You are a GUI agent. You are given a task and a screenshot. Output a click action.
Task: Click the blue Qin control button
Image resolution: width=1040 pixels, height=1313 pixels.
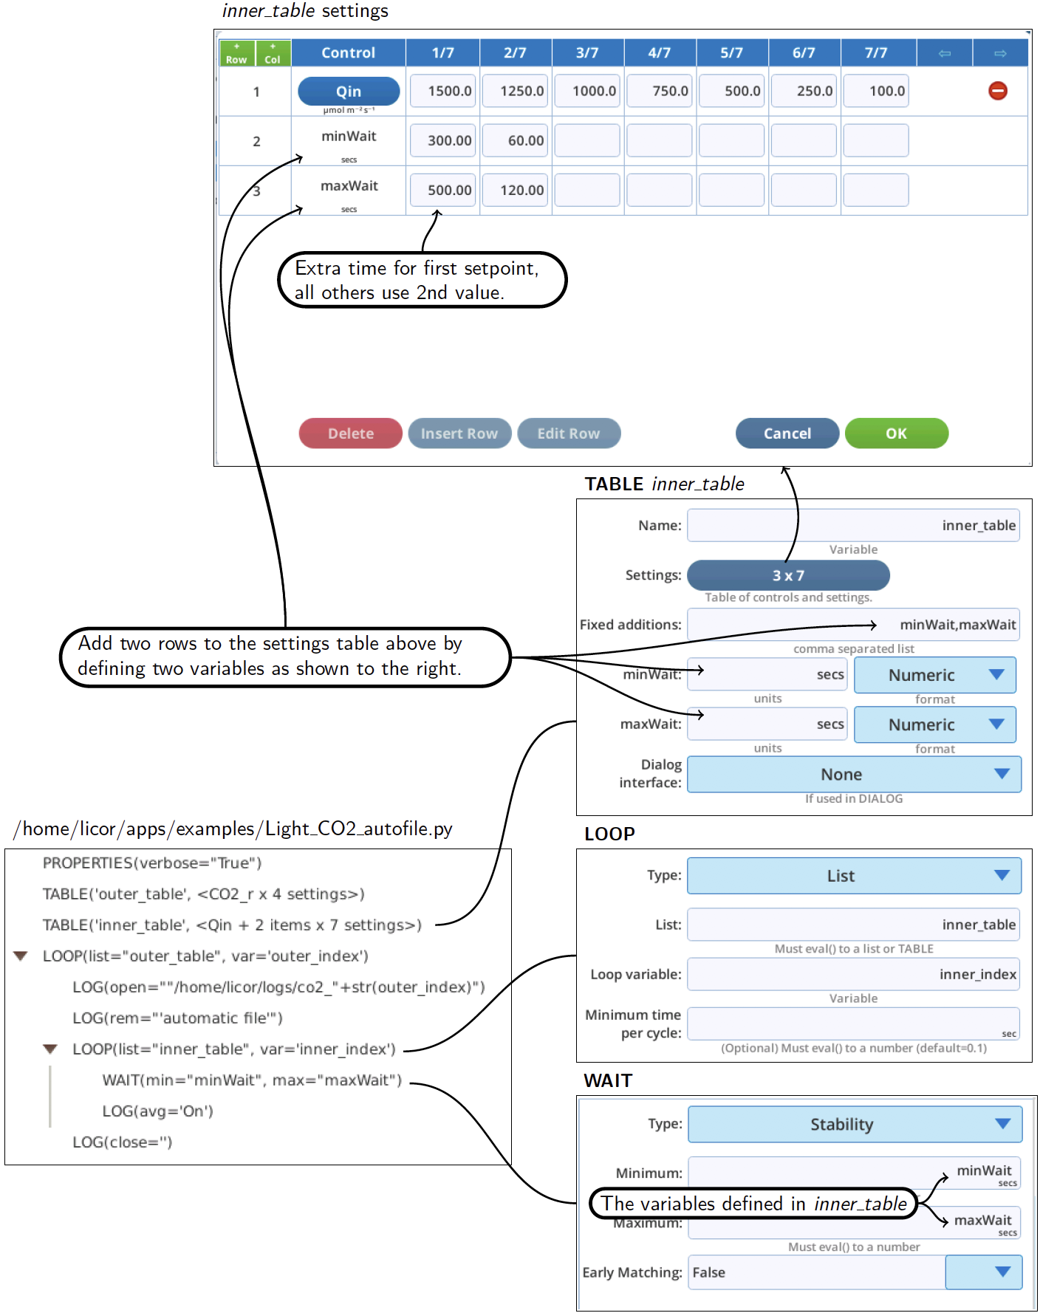tap(349, 91)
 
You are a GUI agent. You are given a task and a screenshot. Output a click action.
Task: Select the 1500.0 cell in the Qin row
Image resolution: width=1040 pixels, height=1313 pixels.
tap(442, 91)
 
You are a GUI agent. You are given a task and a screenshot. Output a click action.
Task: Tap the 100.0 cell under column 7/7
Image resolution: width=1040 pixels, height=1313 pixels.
tap(876, 91)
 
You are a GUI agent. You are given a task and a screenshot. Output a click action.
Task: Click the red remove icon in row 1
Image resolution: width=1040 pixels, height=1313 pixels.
tap(998, 91)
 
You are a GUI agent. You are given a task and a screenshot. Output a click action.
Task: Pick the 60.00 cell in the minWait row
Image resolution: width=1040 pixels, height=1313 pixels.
tap(515, 140)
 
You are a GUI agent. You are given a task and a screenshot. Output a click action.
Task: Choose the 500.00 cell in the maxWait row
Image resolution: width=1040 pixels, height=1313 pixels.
tap(442, 190)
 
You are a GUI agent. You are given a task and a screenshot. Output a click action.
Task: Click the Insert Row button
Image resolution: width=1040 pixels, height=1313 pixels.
tap(459, 433)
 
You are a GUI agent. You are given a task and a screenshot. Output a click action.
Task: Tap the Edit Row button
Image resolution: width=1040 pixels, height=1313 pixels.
tap(569, 433)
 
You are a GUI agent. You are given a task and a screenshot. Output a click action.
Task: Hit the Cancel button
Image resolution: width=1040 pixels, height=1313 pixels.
tap(787, 433)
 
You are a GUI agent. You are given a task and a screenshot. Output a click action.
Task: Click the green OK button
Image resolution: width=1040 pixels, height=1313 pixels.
tap(897, 433)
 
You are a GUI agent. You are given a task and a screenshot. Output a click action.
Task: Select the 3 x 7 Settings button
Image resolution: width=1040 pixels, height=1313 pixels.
tap(788, 575)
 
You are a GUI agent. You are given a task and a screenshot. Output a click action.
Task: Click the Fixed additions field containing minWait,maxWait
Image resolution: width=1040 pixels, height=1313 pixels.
tap(853, 625)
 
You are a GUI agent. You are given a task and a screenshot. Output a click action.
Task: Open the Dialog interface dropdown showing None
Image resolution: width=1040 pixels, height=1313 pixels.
tap(854, 775)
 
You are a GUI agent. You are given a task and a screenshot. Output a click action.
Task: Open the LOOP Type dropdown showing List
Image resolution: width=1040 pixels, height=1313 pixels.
tap(854, 876)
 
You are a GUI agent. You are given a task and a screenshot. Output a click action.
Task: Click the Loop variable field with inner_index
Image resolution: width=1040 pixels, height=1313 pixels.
tap(853, 974)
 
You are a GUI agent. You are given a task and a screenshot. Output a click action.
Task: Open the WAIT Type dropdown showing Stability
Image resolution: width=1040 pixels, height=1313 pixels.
tap(855, 1125)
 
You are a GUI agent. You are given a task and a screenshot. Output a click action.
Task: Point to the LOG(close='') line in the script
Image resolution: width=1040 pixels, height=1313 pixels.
tap(123, 1142)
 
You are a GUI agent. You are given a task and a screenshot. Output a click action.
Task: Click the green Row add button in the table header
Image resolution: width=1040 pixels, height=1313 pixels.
tap(236, 53)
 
